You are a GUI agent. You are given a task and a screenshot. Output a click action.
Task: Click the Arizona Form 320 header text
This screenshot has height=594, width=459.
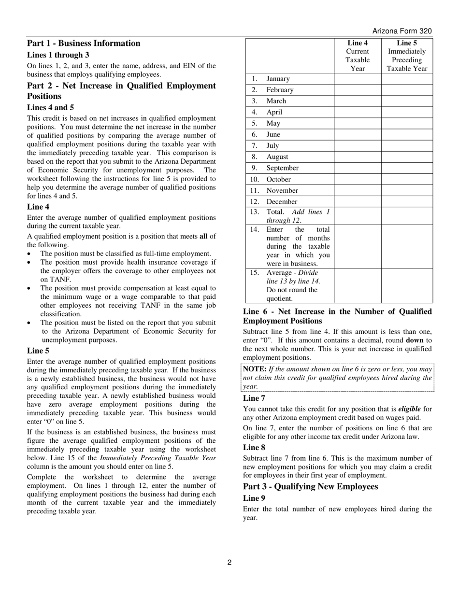click(402, 31)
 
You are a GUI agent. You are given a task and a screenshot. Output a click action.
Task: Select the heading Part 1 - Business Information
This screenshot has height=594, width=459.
click(84, 43)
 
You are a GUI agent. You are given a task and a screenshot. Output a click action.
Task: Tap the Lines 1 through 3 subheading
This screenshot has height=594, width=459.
click(58, 55)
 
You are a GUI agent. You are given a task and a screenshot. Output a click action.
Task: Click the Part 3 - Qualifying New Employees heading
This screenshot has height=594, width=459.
click(310, 486)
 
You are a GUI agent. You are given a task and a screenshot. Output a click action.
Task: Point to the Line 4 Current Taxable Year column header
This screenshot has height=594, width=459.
click(358, 56)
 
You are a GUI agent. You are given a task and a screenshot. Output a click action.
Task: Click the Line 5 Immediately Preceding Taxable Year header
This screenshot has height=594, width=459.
click(407, 56)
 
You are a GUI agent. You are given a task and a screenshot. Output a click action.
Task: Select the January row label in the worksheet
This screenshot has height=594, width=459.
click(278, 79)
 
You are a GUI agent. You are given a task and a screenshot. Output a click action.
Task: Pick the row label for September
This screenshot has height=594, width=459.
click(282, 168)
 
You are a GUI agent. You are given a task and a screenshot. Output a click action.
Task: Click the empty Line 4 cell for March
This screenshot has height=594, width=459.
click(358, 101)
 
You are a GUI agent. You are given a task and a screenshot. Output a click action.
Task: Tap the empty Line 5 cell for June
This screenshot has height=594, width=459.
click(407, 135)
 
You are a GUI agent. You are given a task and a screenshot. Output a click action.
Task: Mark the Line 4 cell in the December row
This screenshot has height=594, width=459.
click(358, 202)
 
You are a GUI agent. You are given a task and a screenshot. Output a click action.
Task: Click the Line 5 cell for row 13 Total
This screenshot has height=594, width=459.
click(407, 216)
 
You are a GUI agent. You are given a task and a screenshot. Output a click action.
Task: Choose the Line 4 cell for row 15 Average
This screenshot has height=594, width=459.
click(358, 285)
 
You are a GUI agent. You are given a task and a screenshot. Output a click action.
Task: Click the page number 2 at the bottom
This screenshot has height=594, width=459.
click(229, 562)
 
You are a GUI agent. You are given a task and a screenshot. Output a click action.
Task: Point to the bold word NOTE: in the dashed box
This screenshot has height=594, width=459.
click(255, 369)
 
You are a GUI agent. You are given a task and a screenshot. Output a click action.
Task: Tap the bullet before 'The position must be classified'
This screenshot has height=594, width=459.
click(29, 254)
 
